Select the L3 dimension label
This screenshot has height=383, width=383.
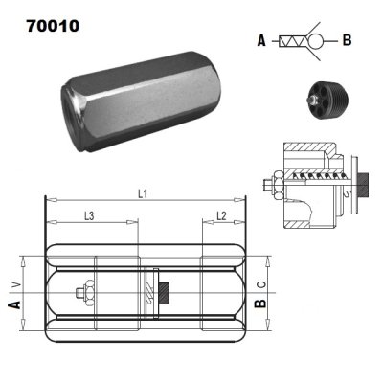click(x=88, y=217)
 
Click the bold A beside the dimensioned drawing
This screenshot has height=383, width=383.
click(x=14, y=304)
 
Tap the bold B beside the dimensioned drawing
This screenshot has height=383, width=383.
click(x=259, y=304)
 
